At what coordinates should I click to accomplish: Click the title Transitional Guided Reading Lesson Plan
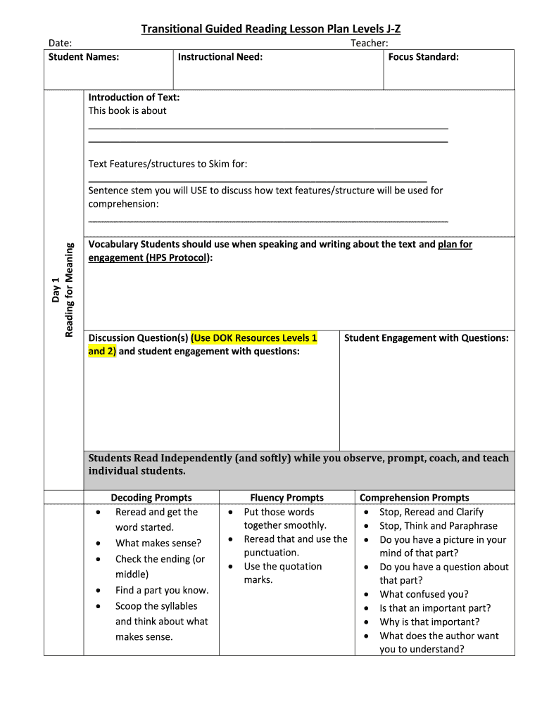point(270,29)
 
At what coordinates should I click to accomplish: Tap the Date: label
point(60,44)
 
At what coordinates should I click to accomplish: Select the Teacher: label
point(370,44)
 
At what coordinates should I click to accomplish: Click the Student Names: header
point(83,57)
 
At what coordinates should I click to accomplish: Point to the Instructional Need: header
point(220,57)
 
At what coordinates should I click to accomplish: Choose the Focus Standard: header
point(423,57)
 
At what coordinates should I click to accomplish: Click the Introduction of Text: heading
point(134,97)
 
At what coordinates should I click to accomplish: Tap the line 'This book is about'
point(127,110)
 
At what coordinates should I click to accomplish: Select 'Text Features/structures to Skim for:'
point(168,164)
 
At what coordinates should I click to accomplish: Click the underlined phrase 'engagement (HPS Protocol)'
point(149,258)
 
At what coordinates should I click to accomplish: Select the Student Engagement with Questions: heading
point(426,338)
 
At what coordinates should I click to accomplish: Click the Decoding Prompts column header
point(151,498)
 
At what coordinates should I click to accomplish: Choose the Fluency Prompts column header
point(286,498)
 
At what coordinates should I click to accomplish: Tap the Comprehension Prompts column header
point(414,498)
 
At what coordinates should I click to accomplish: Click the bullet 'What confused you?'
point(424,594)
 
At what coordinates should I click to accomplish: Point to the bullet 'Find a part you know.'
point(162,591)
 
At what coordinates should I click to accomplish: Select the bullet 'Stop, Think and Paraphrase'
point(438,526)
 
